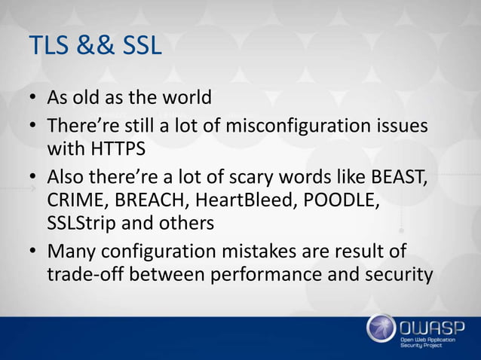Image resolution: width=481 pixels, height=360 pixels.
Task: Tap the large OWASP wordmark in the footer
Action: click(430, 325)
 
